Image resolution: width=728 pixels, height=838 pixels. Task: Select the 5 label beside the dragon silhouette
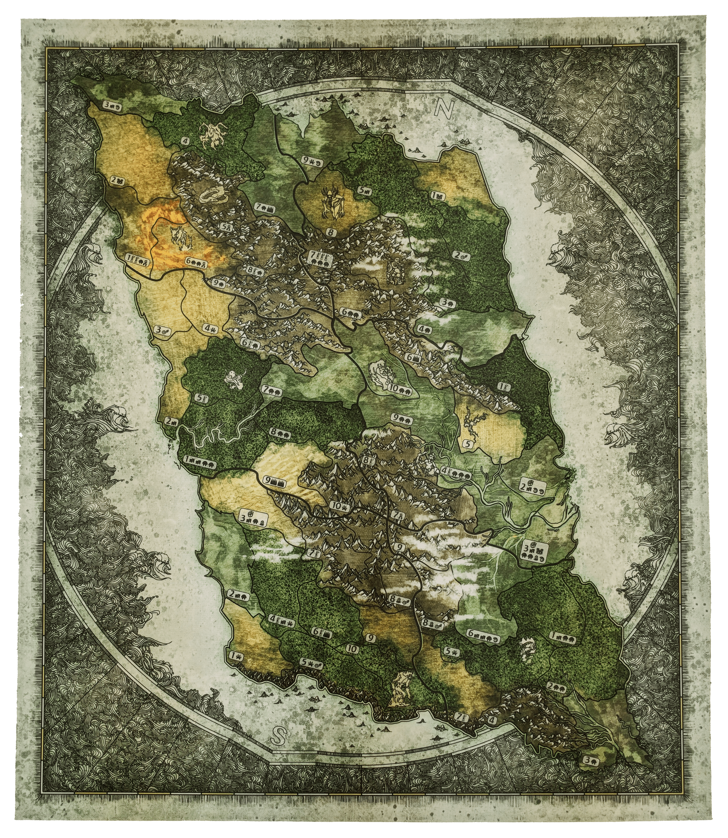(467, 444)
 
